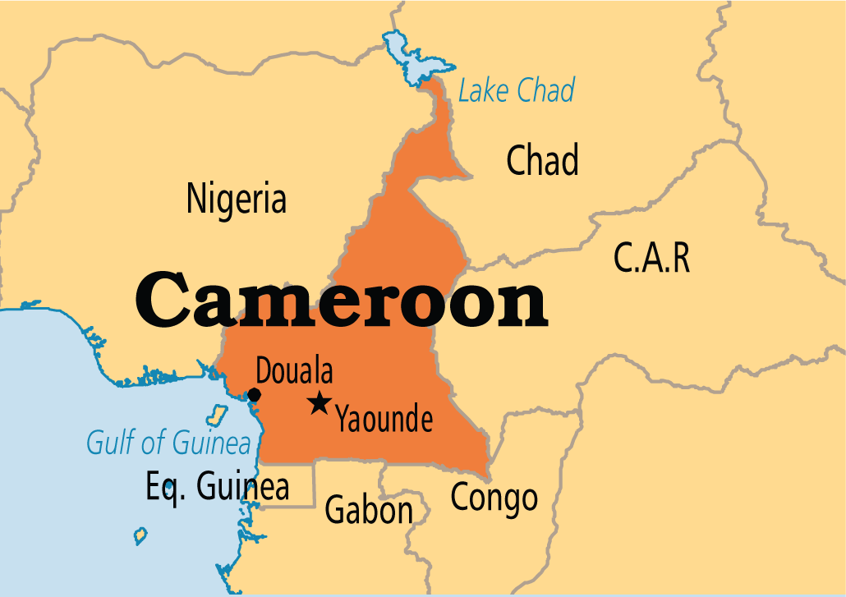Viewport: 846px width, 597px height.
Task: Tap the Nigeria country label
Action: pyautogui.click(x=237, y=200)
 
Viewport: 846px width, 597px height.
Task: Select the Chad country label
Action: pyautogui.click(x=542, y=160)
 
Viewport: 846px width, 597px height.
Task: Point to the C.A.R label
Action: pyautogui.click(x=651, y=259)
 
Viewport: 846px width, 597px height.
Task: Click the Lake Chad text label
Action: pyautogui.click(x=517, y=90)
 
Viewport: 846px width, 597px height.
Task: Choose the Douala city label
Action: pyautogui.click(x=294, y=371)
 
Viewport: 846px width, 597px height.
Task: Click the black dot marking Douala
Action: pyautogui.click(x=254, y=395)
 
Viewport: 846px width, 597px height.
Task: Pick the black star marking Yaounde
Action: pyautogui.click(x=319, y=403)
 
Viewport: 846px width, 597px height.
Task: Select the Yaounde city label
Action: pyautogui.click(x=384, y=420)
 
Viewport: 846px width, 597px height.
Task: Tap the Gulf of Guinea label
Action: pyautogui.click(x=168, y=443)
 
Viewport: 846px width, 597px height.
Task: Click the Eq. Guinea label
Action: pyautogui.click(x=218, y=486)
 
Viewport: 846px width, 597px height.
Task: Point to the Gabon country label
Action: pyautogui.click(x=369, y=511)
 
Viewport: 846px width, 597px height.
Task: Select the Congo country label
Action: pyautogui.click(x=494, y=497)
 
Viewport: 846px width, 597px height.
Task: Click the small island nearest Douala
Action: pyautogui.click(x=218, y=412)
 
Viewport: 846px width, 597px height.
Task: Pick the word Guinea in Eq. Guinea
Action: pyautogui.click(x=243, y=486)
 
